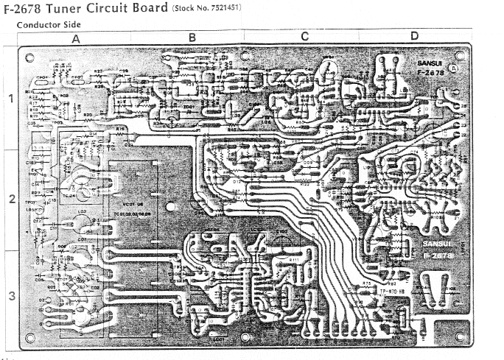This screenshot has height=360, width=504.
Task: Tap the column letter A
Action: click(76, 37)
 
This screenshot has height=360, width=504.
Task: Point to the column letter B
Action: click(192, 37)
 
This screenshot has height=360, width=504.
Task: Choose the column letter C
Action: click(304, 37)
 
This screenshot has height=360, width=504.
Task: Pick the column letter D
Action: click(414, 37)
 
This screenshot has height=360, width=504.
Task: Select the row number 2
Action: click(10, 200)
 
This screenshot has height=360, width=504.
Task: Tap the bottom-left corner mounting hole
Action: click(30, 338)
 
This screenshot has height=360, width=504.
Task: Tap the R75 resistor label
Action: click(366, 283)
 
